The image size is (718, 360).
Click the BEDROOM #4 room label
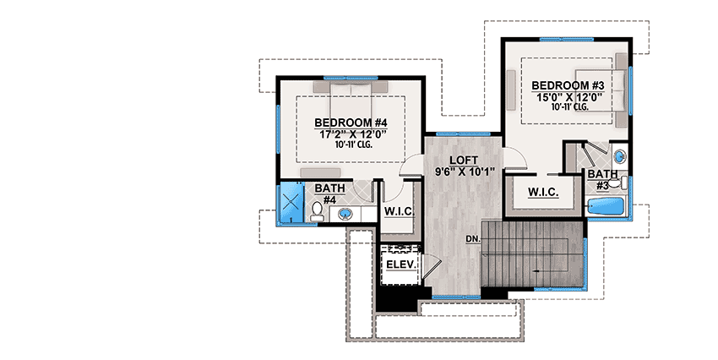[348, 122]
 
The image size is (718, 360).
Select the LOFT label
[464, 160]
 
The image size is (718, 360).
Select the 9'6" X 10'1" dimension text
[464, 172]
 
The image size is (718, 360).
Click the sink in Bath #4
[345, 212]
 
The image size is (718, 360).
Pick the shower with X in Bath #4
[291, 204]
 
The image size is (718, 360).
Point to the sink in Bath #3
[619, 156]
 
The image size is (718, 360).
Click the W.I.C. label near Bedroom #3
[543, 193]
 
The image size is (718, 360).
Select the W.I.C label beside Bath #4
[397, 210]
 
